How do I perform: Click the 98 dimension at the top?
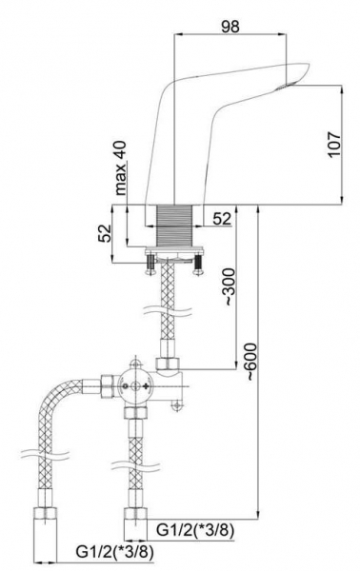click(x=230, y=27)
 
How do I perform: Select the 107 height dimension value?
click(x=333, y=145)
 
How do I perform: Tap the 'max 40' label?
click(x=121, y=168)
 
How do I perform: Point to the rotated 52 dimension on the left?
click(x=104, y=233)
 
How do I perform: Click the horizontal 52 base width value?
click(x=222, y=219)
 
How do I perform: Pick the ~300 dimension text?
click(x=229, y=287)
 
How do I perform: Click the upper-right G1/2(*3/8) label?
click(x=195, y=531)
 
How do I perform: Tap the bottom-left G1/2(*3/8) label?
click(x=115, y=552)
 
